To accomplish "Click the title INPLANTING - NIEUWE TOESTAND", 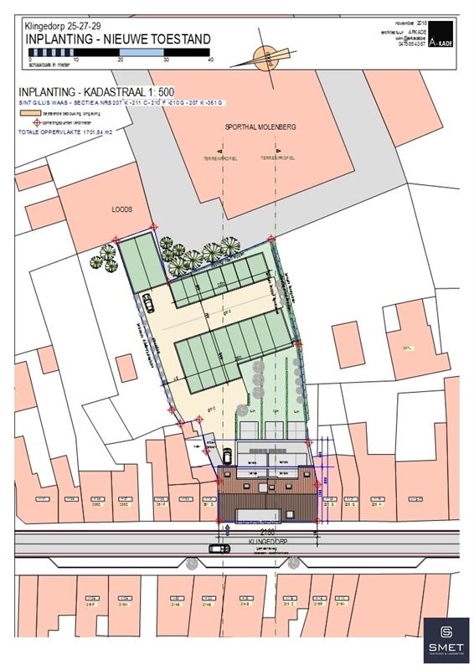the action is tap(117, 39).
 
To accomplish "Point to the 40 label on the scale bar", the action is tap(210, 59).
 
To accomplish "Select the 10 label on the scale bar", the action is tap(75, 59).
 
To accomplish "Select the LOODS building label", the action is tap(123, 212).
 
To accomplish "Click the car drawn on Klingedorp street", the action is tap(219, 549).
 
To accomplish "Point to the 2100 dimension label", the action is tap(243, 531).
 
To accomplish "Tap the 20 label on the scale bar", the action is tap(121, 59).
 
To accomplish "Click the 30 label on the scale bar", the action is tap(165, 59).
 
